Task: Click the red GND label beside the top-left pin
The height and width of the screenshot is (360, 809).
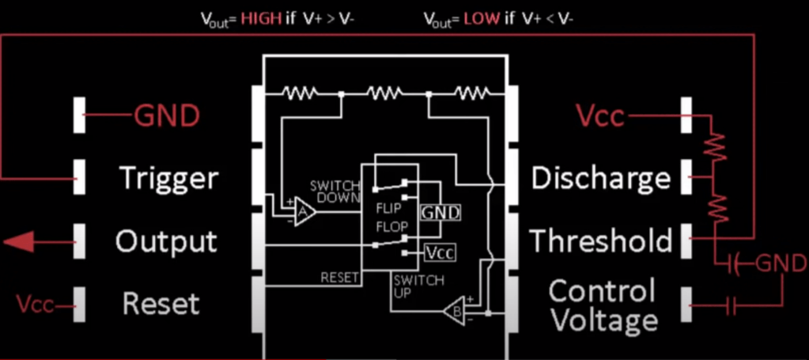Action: tap(167, 116)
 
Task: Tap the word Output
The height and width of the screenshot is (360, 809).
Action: tap(166, 240)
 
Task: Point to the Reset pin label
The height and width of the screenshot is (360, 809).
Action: tap(161, 304)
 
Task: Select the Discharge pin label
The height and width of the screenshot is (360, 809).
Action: tap(602, 178)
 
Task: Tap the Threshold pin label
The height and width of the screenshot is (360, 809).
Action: tap(602, 240)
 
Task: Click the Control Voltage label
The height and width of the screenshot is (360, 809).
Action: tap(603, 305)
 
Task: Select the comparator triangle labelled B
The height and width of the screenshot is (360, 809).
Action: tap(456, 309)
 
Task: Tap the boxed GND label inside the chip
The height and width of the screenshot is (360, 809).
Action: tap(440, 212)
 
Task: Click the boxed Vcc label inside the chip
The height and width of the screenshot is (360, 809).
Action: tap(440, 253)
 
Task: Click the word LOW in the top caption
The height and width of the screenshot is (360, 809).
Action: tap(482, 18)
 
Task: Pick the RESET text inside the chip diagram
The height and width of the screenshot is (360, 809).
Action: tap(339, 278)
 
